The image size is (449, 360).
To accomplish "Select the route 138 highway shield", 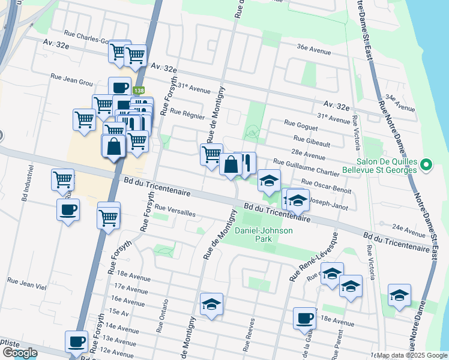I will click(139, 91).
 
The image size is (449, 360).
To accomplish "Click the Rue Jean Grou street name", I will click(72, 77).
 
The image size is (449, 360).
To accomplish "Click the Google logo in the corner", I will click(20, 352).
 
